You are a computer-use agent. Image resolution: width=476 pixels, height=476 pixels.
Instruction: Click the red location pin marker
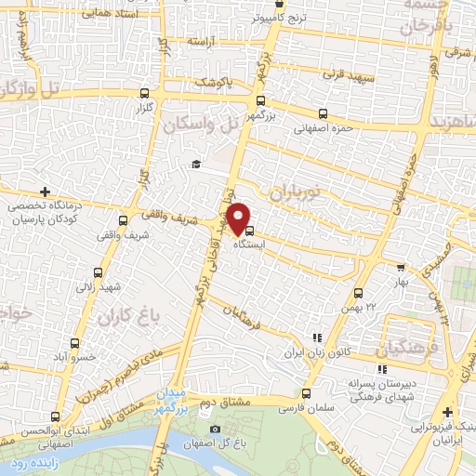point(239,218)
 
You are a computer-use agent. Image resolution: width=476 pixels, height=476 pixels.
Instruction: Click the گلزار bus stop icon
point(142,94)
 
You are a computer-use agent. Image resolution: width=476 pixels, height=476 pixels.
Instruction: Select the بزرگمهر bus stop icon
point(260,103)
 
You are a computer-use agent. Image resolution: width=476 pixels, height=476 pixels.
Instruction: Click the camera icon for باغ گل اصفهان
point(216,429)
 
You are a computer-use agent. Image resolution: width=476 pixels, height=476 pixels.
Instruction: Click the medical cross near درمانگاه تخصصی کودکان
point(45,191)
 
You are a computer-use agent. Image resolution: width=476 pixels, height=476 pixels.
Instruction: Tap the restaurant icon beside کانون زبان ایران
point(316,338)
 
